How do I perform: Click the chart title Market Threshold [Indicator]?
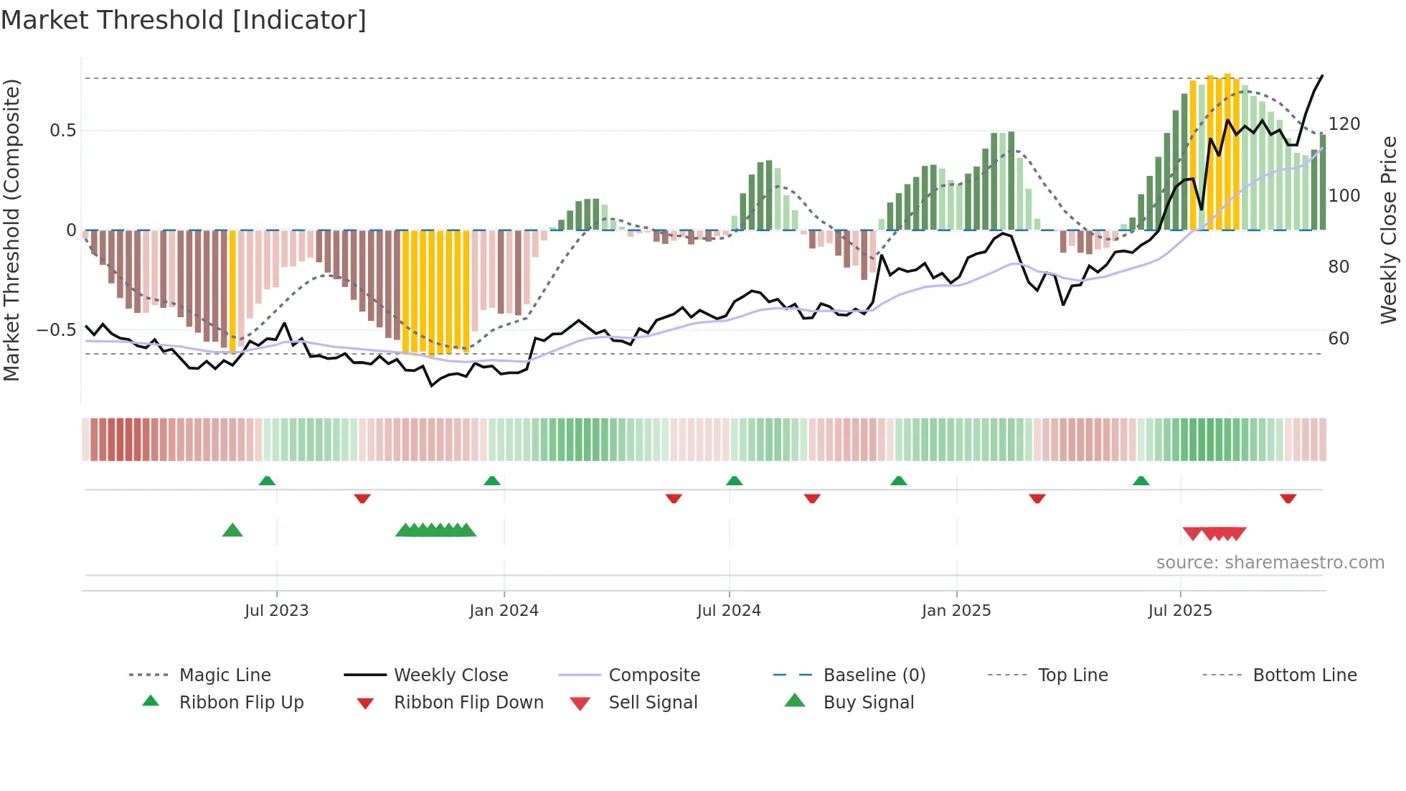(x=184, y=20)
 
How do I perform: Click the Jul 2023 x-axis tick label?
(x=276, y=611)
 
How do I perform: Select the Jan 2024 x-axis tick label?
(x=504, y=611)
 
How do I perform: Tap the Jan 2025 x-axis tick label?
(x=956, y=611)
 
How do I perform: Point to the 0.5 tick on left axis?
(x=62, y=131)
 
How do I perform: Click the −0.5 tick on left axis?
(x=57, y=330)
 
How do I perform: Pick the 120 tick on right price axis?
(x=1344, y=124)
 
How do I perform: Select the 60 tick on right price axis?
(x=1339, y=338)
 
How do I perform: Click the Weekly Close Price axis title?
(x=1389, y=230)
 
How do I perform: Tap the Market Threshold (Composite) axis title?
(x=11, y=230)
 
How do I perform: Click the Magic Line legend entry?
(x=225, y=675)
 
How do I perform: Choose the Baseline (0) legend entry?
(x=874, y=675)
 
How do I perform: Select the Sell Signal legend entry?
(x=652, y=703)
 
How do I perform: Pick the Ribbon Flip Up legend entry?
(x=241, y=703)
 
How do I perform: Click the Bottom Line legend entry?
(x=1304, y=675)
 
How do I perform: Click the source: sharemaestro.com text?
(x=1270, y=563)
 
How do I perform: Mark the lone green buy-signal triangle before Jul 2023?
(x=232, y=530)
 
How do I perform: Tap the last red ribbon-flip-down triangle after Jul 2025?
(x=1288, y=498)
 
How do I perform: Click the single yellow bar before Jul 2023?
(x=232, y=291)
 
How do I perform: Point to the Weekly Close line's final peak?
(x=1322, y=75)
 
